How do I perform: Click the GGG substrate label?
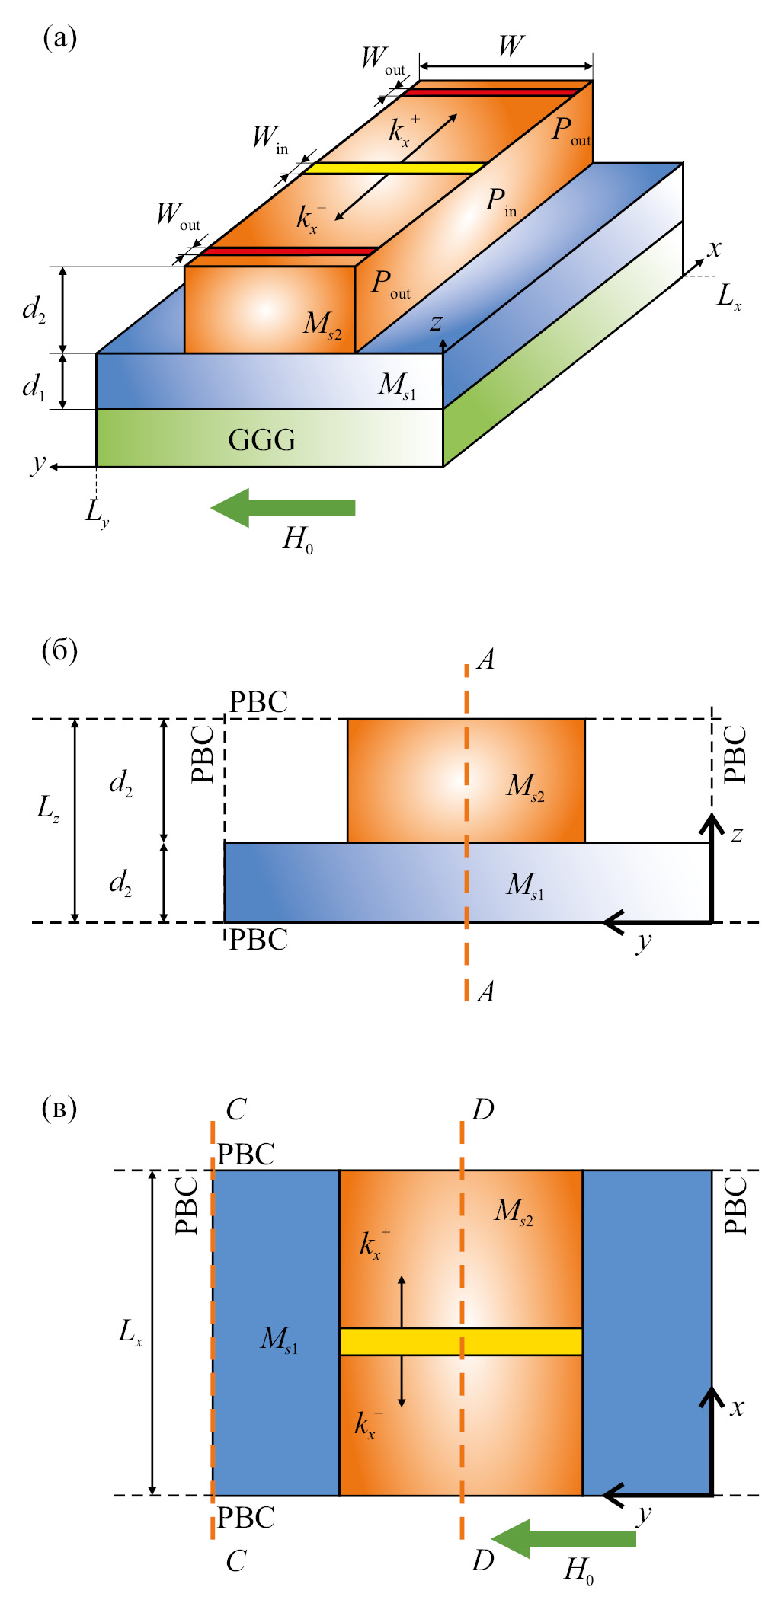click(261, 440)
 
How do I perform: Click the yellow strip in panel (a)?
click(395, 168)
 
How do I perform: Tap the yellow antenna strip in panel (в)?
click(460, 1341)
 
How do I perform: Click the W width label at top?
click(511, 46)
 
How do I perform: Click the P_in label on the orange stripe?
click(501, 203)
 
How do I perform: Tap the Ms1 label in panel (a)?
click(397, 385)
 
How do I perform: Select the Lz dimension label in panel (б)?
click(47, 808)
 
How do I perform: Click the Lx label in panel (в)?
click(130, 1332)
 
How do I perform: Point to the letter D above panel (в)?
click(483, 1110)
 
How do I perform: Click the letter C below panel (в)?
click(235, 1561)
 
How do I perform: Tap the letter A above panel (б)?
click(486, 659)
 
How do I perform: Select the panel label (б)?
click(59, 651)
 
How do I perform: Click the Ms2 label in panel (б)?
click(525, 786)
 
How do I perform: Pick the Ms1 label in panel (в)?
click(279, 1339)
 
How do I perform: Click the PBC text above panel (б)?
click(258, 702)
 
